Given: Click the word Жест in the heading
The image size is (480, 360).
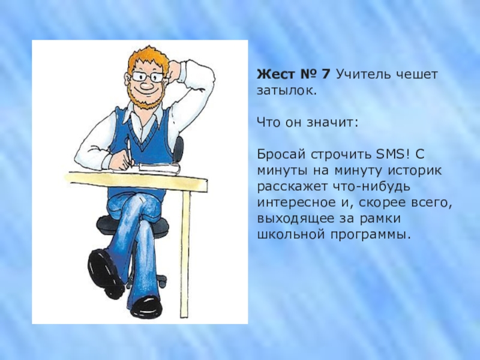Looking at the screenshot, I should (275, 76).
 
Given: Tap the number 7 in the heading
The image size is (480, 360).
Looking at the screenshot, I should (325, 76).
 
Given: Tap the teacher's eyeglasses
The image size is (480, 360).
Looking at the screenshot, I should (146, 77).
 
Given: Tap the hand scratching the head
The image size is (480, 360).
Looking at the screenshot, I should (175, 67).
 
